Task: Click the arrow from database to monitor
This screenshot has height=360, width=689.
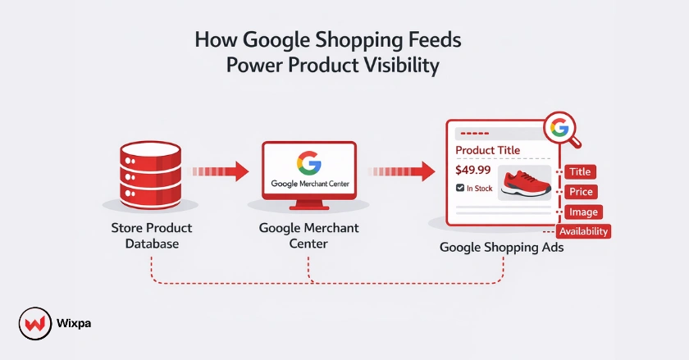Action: (x=220, y=171)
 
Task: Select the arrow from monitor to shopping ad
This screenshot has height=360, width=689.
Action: (x=402, y=171)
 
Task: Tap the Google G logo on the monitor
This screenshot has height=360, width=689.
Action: (x=309, y=164)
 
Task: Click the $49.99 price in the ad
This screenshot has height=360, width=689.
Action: (x=472, y=171)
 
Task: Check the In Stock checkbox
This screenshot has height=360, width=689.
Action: (x=460, y=189)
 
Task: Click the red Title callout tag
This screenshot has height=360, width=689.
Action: (x=579, y=172)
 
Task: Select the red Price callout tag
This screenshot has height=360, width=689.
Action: (x=579, y=192)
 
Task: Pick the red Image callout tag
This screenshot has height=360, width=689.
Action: (x=581, y=212)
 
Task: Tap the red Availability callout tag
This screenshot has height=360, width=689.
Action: (x=584, y=231)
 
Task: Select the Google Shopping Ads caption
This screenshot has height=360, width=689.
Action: (x=502, y=246)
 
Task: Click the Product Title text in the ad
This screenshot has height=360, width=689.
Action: (x=487, y=150)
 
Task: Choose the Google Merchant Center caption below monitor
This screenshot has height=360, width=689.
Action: (x=308, y=235)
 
